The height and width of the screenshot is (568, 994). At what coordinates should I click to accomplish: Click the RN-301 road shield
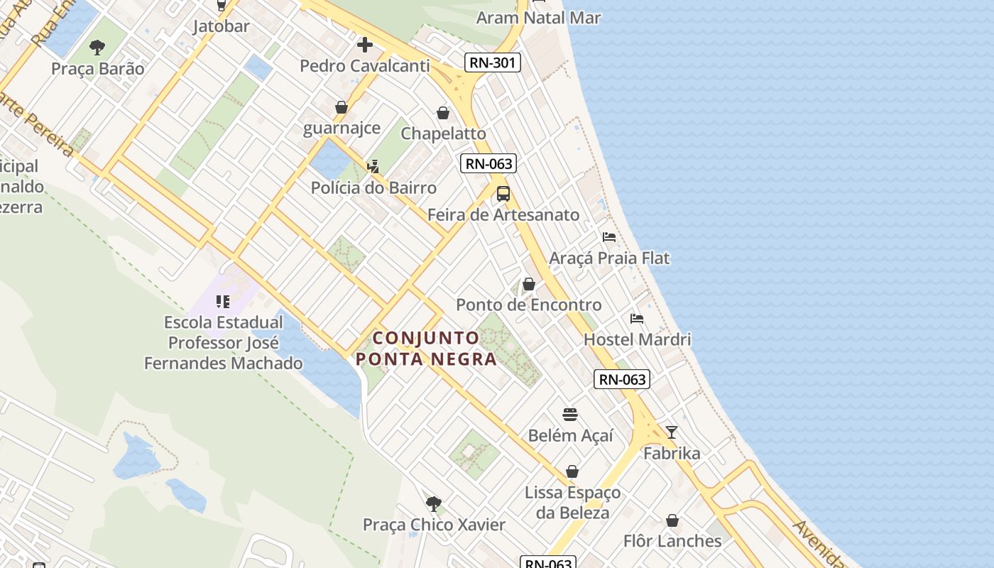(493, 63)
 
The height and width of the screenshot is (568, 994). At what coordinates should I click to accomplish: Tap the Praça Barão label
(98, 69)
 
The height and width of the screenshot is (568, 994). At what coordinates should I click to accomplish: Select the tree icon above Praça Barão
(97, 48)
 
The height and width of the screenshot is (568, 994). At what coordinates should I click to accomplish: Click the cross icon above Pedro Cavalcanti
(365, 45)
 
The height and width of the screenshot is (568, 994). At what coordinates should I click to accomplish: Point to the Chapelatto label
(444, 133)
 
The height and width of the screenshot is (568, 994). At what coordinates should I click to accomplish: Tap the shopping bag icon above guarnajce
(342, 107)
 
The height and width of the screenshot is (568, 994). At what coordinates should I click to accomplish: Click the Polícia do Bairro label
(373, 188)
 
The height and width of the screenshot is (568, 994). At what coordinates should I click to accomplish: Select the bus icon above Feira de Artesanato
(503, 193)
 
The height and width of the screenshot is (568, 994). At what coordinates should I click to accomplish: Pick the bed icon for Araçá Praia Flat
(609, 236)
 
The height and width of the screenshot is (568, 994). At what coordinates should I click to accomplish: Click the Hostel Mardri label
(637, 339)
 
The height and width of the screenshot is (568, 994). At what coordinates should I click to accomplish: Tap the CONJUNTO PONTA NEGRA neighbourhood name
(426, 348)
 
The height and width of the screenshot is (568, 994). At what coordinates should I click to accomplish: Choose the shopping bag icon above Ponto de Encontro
(529, 284)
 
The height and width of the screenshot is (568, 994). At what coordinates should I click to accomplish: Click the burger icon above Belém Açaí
(570, 415)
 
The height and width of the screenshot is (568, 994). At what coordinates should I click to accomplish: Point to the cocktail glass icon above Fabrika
(672, 432)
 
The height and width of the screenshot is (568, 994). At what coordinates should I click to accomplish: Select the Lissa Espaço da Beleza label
(572, 502)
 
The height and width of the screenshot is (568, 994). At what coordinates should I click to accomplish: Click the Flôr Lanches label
(672, 541)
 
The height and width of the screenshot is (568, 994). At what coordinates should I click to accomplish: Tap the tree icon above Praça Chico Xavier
(434, 504)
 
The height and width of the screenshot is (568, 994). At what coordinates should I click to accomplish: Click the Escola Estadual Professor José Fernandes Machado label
(224, 343)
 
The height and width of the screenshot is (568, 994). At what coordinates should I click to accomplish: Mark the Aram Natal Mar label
(538, 18)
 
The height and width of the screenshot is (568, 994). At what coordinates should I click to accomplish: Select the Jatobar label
(222, 26)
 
